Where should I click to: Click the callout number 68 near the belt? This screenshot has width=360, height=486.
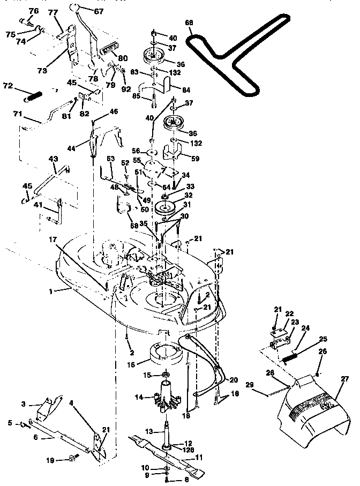pos(189,23)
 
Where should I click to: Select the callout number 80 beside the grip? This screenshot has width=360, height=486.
pos(123,58)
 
